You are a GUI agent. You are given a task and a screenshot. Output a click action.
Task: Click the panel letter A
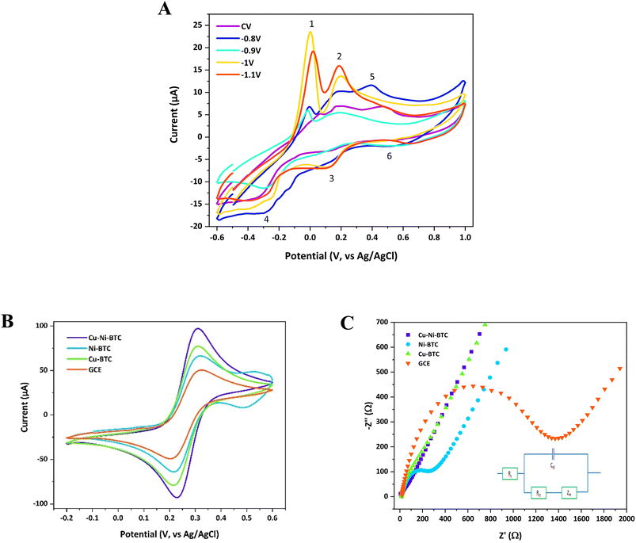click(x=164, y=9)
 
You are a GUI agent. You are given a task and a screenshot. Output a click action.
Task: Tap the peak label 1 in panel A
click(x=311, y=24)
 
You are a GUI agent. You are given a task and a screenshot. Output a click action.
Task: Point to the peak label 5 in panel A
click(x=371, y=77)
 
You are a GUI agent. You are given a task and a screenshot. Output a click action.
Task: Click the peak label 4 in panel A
click(x=267, y=219)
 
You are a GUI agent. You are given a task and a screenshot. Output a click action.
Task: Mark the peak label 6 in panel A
click(x=389, y=157)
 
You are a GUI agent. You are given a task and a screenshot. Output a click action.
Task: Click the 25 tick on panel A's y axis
click(x=198, y=25)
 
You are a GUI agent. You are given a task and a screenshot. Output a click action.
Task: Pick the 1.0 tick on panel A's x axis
click(x=465, y=236)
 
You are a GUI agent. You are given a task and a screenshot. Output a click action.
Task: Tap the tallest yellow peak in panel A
click(x=310, y=33)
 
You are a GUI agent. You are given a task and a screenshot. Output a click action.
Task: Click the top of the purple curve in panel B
click(x=198, y=329)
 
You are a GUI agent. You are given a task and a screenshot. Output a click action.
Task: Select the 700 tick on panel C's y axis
click(x=386, y=323)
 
